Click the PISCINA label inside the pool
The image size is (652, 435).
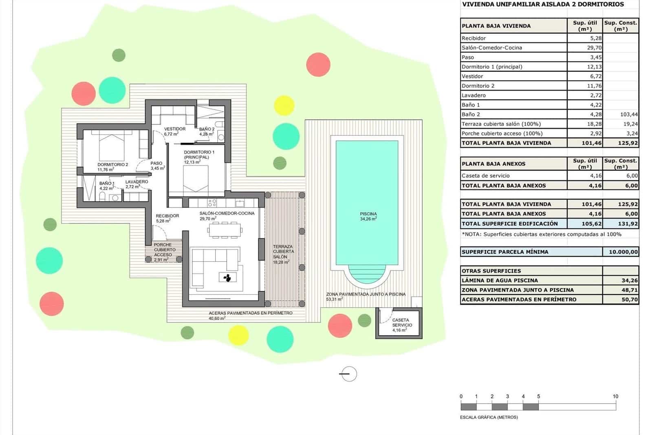point(368,214)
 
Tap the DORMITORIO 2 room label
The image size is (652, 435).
point(112,165)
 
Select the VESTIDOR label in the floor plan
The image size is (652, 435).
point(175,129)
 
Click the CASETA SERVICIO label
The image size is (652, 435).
point(402,323)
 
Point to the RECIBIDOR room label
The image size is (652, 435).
point(167,216)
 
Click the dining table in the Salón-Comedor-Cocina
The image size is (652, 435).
point(225,231)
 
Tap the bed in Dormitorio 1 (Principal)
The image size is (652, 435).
point(196,180)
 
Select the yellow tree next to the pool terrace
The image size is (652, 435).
point(284,105)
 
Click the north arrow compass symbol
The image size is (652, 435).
point(348,374)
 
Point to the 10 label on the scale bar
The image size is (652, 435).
point(615,396)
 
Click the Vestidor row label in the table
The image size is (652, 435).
point(472,76)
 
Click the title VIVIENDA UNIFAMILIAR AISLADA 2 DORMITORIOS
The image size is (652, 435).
point(543,4)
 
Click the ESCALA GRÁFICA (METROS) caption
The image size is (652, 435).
point(489,417)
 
